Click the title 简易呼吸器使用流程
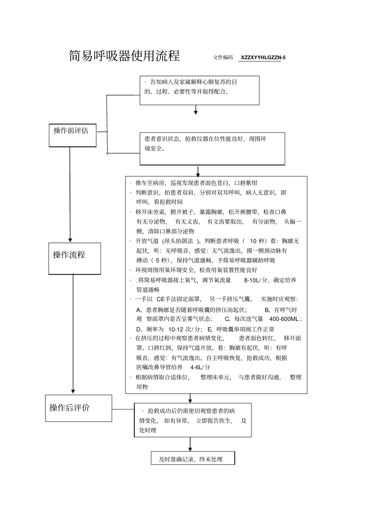pyautogui.click(x=124, y=56)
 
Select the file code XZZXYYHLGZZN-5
pyautogui.click(x=263, y=58)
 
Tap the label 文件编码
pyautogui.click(x=223, y=58)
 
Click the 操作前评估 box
pyautogui.click(x=72, y=135)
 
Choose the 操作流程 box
pyautogui.click(x=74, y=258)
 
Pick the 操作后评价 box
pyautogui.click(x=78, y=408)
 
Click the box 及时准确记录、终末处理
pyautogui.click(x=193, y=459)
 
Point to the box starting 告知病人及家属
pyautogui.click(x=199, y=90)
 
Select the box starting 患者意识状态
pyautogui.click(x=212, y=148)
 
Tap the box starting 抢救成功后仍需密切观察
pyautogui.click(x=193, y=420)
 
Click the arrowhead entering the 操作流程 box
pyautogui.click(x=70, y=240)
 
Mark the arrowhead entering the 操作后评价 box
pyautogui.click(x=73, y=391)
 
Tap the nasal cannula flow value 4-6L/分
pyautogui.click(x=200, y=367)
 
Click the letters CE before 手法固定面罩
pyautogui.click(x=161, y=299)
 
